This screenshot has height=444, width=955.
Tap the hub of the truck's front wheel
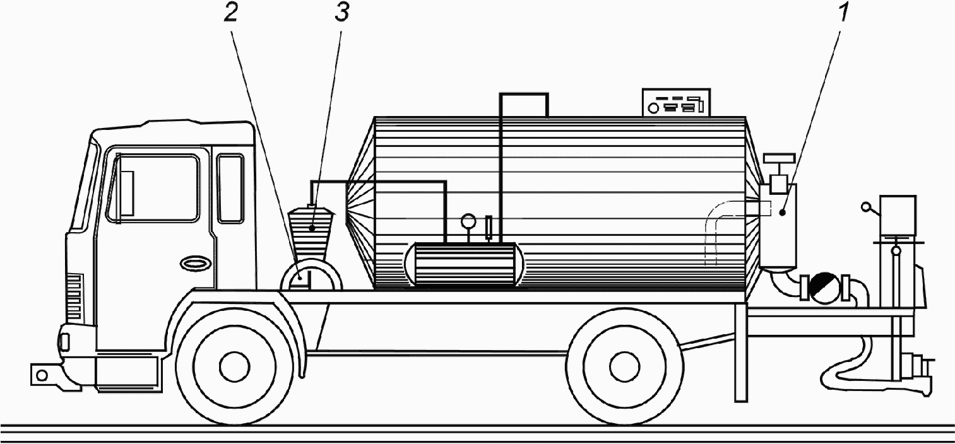coord(235,365)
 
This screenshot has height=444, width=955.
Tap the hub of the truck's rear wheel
coord(625,365)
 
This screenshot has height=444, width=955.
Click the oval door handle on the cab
coord(194,263)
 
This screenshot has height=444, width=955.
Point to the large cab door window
coord(153,188)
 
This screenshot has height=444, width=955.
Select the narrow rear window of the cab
coord(230,188)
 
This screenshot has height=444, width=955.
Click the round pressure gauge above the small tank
coord(468,221)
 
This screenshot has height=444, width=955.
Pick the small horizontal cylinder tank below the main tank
coord(464,264)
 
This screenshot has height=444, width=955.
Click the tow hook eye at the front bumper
coord(42,375)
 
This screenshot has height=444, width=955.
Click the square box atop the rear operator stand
coord(898,216)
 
